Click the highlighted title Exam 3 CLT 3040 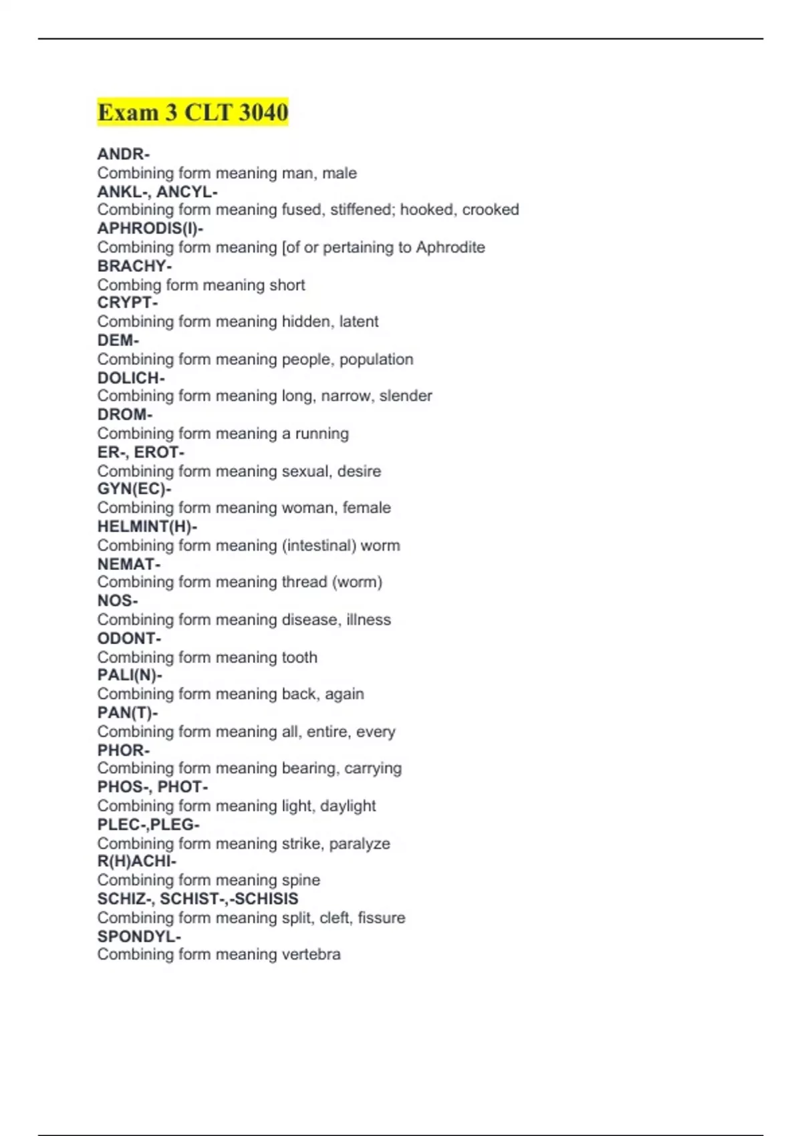point(192,112)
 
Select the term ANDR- point(123,154)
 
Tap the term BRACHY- point(134,266)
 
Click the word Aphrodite point(450,247)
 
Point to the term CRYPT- point(128,303)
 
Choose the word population point(376,360)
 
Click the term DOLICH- point(131,378)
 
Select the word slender point(406,396)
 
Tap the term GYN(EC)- point(134,489)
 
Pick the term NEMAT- point(129,564)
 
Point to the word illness point(368,619)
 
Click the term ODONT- point(129,638)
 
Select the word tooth point(299,658)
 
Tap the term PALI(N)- point(130,676)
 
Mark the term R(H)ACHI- point(137,861)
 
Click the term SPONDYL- point(139,936)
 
